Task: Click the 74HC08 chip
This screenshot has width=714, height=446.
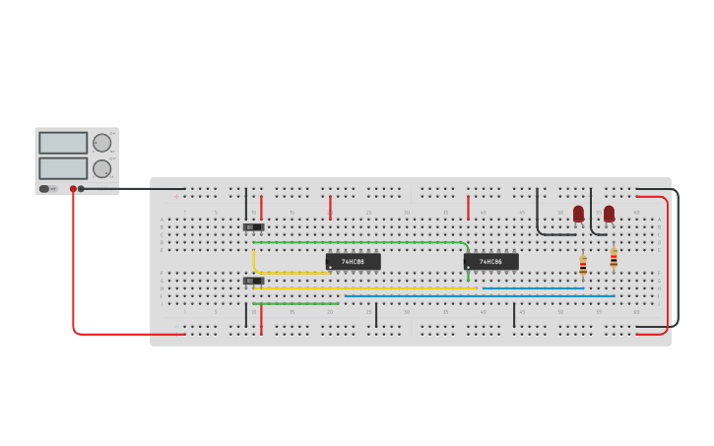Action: [353, 262]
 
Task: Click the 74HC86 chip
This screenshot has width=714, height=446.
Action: [490, 262]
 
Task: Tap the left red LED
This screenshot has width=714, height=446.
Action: [578, 214]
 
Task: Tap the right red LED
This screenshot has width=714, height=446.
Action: [609, 214]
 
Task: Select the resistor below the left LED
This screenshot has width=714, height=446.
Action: [583, 264]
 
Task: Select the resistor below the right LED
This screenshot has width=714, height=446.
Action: [614, 258]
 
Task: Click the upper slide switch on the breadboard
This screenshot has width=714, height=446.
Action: [253, 227]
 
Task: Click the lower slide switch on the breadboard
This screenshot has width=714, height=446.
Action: [253, 281]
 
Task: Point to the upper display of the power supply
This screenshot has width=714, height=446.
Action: [63, 143]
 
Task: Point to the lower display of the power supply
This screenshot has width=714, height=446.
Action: [63, 167]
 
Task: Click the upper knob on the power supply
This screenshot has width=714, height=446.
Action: [101, 143]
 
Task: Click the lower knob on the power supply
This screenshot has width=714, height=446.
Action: [101, 168]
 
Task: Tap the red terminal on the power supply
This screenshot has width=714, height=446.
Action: [73, 188]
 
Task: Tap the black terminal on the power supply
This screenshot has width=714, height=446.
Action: [82, 188]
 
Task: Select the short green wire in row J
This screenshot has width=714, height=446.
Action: [295, 303]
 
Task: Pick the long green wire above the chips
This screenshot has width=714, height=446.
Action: [355, 242]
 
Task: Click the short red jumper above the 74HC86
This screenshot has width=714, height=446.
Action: [468, 207]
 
